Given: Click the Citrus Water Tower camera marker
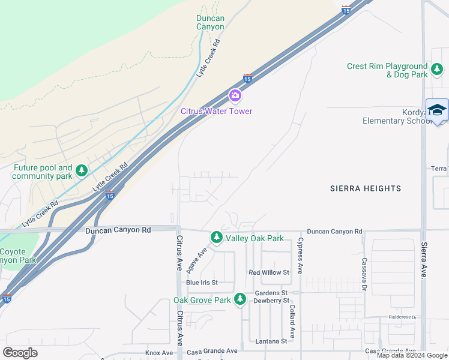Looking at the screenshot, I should click(235, 95).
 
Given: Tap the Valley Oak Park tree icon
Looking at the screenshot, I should click(216, 238).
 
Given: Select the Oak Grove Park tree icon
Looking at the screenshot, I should click(240, 299).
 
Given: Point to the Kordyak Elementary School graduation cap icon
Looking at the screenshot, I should click(437, 110).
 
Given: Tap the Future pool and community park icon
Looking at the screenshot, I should click(82, 172).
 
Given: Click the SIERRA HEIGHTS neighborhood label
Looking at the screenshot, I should click(366, 188).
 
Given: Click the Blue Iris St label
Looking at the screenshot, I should click(202, 283).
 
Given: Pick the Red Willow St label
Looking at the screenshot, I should click(269, 272).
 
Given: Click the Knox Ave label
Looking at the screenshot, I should click(159, 353).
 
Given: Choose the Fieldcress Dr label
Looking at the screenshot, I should click(402, 317).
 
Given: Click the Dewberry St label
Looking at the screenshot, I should click(270, 300).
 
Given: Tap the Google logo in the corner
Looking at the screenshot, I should click(20, 353).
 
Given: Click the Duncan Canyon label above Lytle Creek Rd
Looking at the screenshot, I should click(210, 22).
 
